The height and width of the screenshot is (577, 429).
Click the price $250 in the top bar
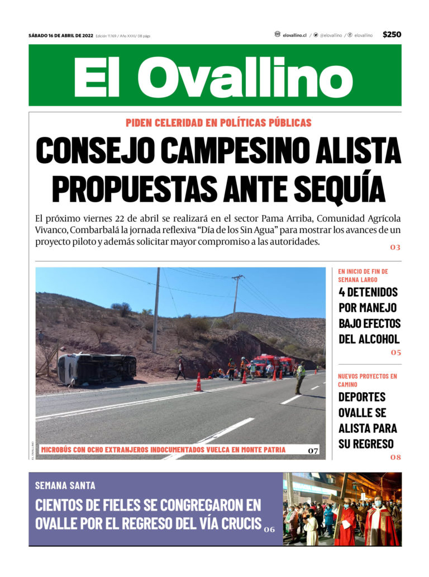[392, 35]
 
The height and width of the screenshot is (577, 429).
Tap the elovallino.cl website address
[294, 35]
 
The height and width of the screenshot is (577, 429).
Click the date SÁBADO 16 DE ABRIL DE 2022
[61, 36]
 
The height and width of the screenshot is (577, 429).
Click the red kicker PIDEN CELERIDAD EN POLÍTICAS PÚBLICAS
[218, 123]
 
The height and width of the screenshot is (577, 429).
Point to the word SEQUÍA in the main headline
[341, 188]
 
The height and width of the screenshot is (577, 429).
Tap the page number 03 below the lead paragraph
[395, 247]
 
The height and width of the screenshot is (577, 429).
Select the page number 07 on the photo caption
[313, 450]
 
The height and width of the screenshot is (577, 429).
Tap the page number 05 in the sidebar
[395, 352]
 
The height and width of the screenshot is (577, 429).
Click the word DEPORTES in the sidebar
[362, 397]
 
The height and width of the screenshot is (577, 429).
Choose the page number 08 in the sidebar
[395, 457]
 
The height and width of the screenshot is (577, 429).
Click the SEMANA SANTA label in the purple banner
[65, 485]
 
